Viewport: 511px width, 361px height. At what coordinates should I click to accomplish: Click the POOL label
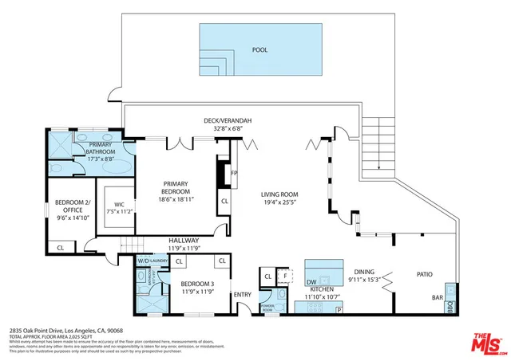pyautogui.click(x=260, y=49)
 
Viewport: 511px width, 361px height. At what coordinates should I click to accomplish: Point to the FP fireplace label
pyautogui.click(x=234, y=172)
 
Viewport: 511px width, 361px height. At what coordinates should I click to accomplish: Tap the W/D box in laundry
pyautogui.click(x=144, y=261)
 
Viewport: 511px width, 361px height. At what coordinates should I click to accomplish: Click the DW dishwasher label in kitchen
pyautogui.click(x=311, y=281)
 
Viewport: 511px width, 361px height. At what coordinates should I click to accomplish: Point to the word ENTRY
pyautogui.click(x=243, y=295)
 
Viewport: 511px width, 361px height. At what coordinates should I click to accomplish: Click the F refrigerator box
pyautogui.click(x=285, y=277)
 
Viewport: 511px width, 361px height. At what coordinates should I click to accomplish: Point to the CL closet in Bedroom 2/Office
pyautogui.click(x=61, y=248)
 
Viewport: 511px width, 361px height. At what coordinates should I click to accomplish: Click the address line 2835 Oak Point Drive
pyautogui.click(x=67, y=329)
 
